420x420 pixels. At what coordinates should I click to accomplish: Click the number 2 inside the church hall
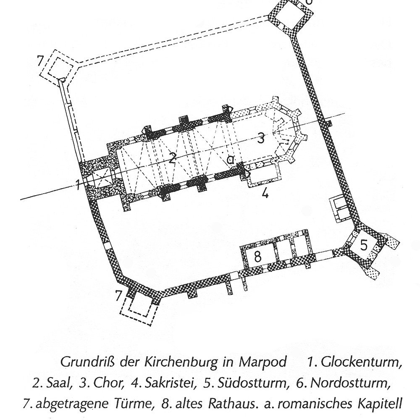coord(172,158)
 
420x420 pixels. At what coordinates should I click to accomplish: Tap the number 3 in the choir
coord(261,138)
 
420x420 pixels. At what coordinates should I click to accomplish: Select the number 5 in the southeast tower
coord(364,245)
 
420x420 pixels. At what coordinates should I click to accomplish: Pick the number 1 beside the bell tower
coord(78,185)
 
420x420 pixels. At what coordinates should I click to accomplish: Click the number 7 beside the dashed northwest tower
coord(40,61)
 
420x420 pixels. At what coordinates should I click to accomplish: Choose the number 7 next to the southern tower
coord(118,296)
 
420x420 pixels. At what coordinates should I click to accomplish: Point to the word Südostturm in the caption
coord(253,383)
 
